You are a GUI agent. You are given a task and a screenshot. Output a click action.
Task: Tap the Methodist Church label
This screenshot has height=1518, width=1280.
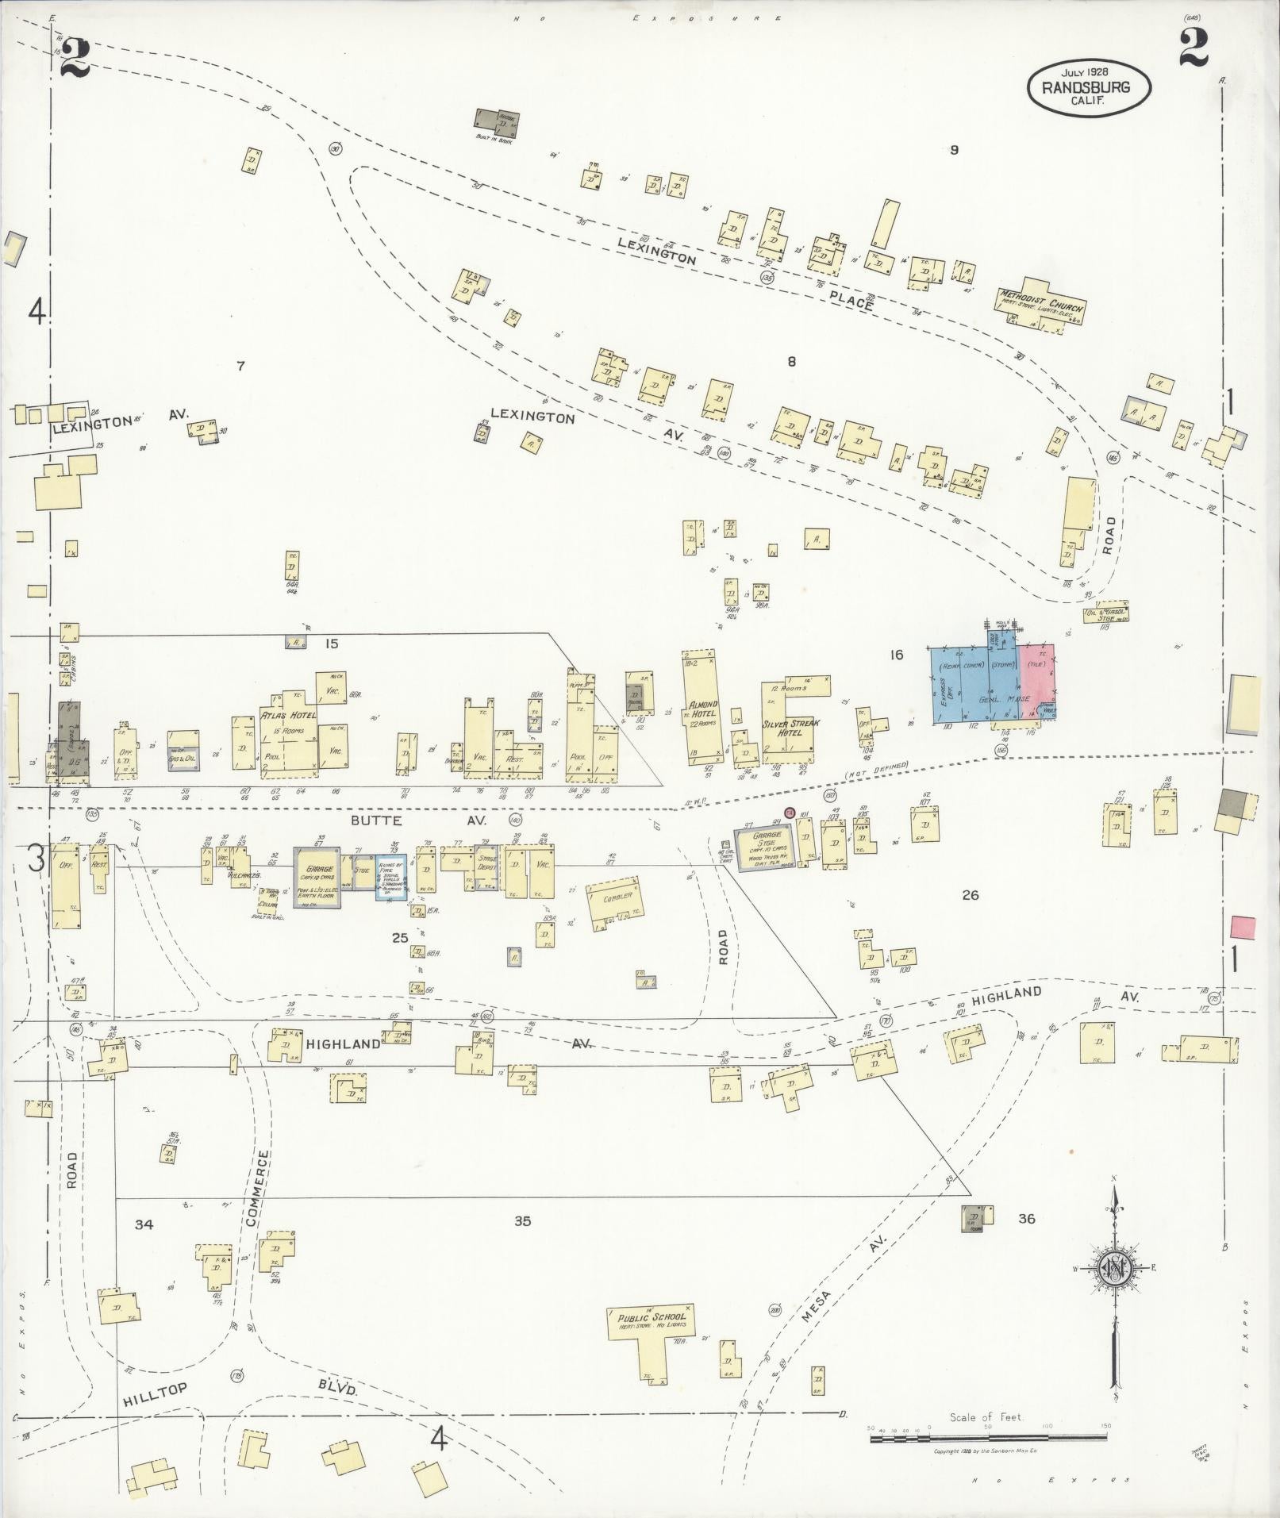[x=1041, y=302]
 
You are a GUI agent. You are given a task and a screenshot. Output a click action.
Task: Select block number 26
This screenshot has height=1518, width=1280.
[x=970, y=895]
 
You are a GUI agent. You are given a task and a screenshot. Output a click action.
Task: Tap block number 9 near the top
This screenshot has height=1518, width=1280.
[x=954, y=150]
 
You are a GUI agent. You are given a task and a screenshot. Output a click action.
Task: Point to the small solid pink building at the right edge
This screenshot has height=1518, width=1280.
[x=1243, y=928]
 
